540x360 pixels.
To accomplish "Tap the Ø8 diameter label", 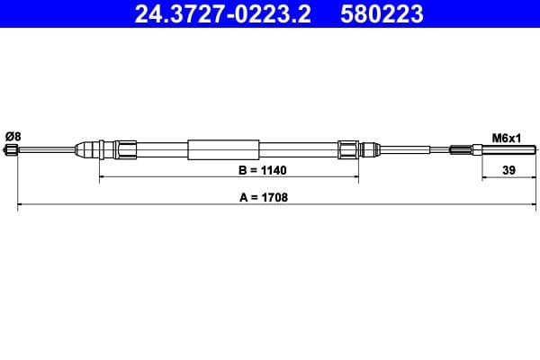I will coord(13,136).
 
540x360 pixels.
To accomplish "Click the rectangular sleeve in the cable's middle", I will coord(223,149).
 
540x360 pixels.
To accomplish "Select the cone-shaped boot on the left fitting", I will coord(87,149).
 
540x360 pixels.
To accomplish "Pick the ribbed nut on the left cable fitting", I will coord(126,149).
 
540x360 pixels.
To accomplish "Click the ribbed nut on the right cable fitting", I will coord(346,149).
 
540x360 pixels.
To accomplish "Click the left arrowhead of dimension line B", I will coord(101,178).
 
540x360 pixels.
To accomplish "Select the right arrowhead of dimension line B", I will coord(355,178).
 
